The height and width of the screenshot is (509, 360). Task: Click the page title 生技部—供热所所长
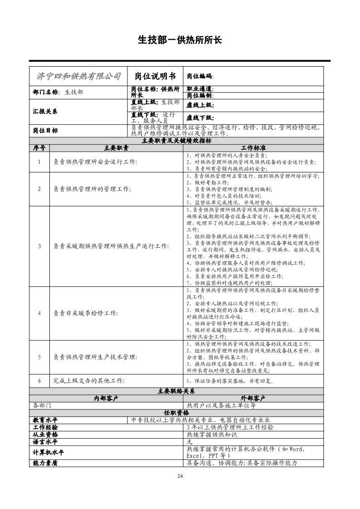click(x=180, y=40)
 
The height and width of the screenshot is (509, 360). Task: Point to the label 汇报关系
click(x=45, y=111)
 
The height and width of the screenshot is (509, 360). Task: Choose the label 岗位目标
click(x=45, y=130)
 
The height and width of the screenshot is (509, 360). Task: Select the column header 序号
click(x=39, y=148)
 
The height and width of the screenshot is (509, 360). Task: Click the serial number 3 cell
click(x=39, y=246)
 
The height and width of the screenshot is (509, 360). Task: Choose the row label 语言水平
click(x=45, y=441)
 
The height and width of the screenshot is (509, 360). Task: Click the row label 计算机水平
click(x=49, y=452)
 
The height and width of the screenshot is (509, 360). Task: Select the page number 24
click(x=180, y=475)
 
